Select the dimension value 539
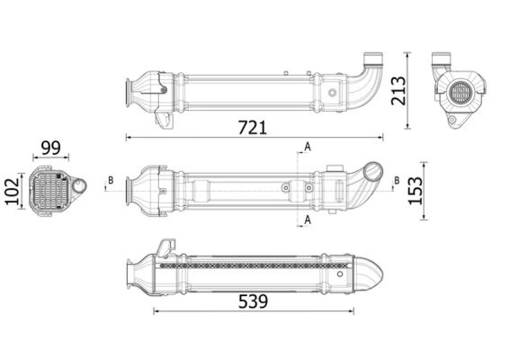coord(253,301)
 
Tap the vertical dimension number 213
coord(399,91)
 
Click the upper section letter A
coord(307,146)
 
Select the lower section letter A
coord(307,220)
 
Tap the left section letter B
coord(110,180)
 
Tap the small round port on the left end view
coord(79,187)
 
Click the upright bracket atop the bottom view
coord(166,247)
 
